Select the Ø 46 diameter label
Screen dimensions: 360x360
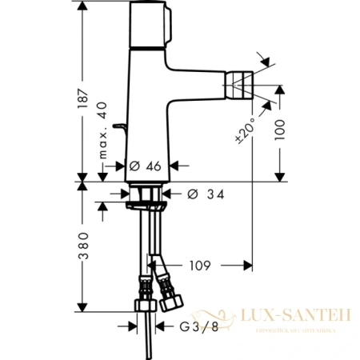tap(146, 166)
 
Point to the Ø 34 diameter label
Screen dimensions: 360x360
tap(206, 194)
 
